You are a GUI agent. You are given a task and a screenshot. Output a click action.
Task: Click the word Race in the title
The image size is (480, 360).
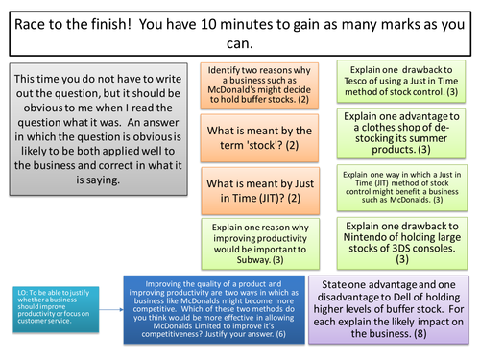[x=32, y=22]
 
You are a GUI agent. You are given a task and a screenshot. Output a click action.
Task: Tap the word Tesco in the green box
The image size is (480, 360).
[x=369, y=91]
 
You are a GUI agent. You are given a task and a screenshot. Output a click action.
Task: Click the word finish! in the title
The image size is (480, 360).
[x=118, y=22]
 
